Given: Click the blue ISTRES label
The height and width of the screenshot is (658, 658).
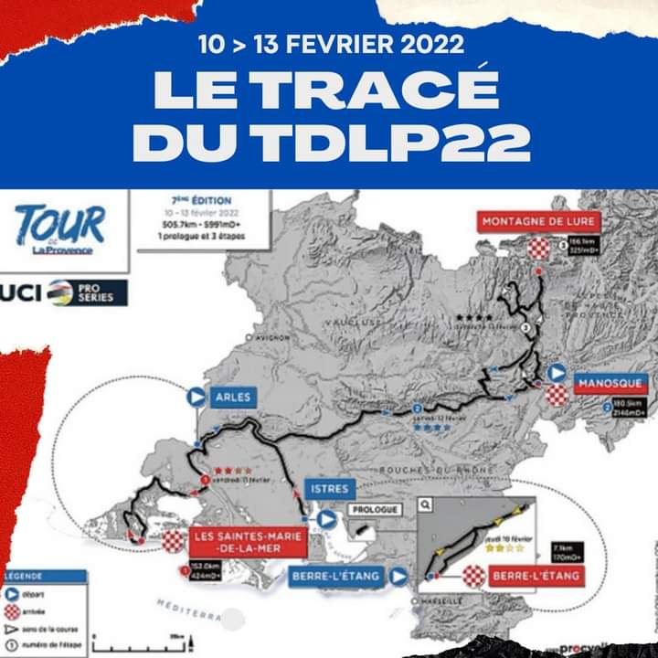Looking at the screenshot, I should click(326, 489).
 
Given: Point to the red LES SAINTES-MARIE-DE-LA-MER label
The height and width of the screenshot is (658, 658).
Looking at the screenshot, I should click(248, 542).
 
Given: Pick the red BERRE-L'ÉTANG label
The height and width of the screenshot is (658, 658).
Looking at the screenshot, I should click(535, 577).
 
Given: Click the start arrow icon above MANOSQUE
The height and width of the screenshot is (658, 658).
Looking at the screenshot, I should click(556, 373).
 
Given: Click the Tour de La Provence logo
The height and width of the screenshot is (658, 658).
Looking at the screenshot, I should click(60, 228).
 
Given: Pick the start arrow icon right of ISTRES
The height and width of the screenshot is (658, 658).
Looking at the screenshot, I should click(326, 519).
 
